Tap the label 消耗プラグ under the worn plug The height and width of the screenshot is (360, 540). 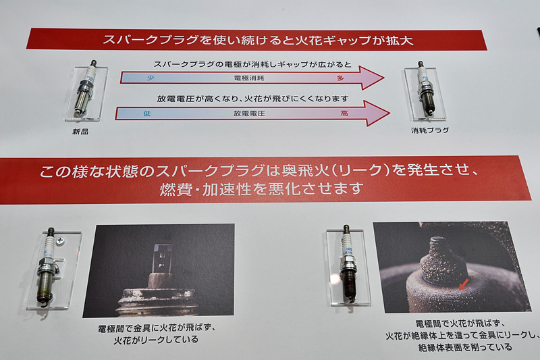coord(430,130)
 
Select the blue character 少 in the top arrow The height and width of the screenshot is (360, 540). coord(142,79)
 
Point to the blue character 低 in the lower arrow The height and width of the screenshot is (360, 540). coord(146,114)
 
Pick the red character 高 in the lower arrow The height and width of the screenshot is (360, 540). coord(344,114)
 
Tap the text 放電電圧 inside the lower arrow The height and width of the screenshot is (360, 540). coord(246,114)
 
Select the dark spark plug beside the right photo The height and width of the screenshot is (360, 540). coord(348,264)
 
